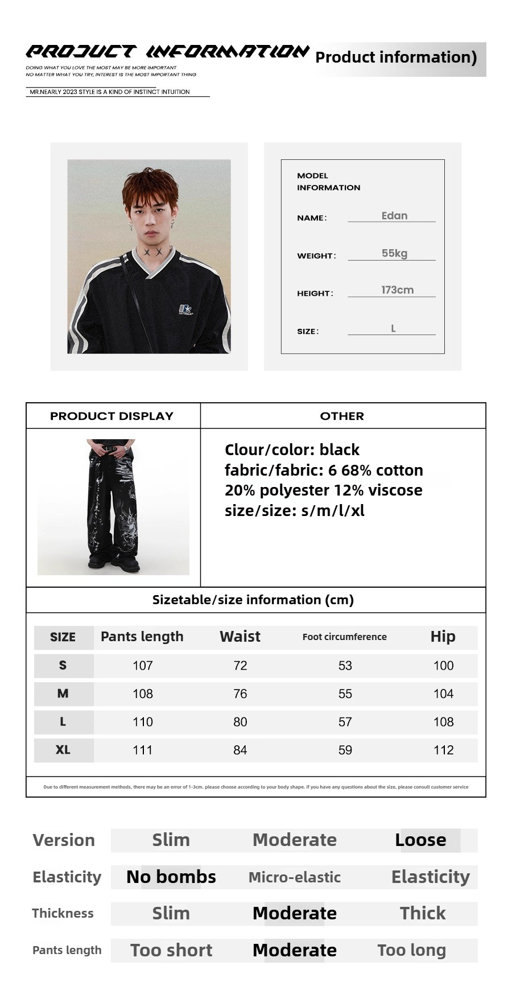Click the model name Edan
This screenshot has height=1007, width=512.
(x=394, y=216)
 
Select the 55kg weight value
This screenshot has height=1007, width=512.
(x=394, y=253)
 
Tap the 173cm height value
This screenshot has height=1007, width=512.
(x=397, y=290)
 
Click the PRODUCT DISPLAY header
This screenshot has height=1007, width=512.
(x=112, y=416)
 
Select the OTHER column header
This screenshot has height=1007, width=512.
(x=342, y=416)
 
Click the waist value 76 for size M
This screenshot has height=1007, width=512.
(x=240, y=694)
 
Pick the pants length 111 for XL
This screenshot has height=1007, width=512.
(x=142, y=750)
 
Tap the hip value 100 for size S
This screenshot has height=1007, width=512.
(x=443, y=666)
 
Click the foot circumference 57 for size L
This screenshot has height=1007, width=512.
(x=345, y=722)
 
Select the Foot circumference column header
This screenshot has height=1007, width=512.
(x=344, y=637)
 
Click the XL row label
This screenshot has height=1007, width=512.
(x=63, y=750)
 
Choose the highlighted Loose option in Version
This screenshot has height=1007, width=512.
(x=421, y=840)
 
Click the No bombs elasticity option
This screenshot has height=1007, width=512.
(x=171, y=877)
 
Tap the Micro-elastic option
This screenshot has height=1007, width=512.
(x=294, y=877)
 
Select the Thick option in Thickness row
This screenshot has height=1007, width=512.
(x=422, y=913)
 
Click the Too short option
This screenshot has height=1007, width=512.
(x=171, y=950)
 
